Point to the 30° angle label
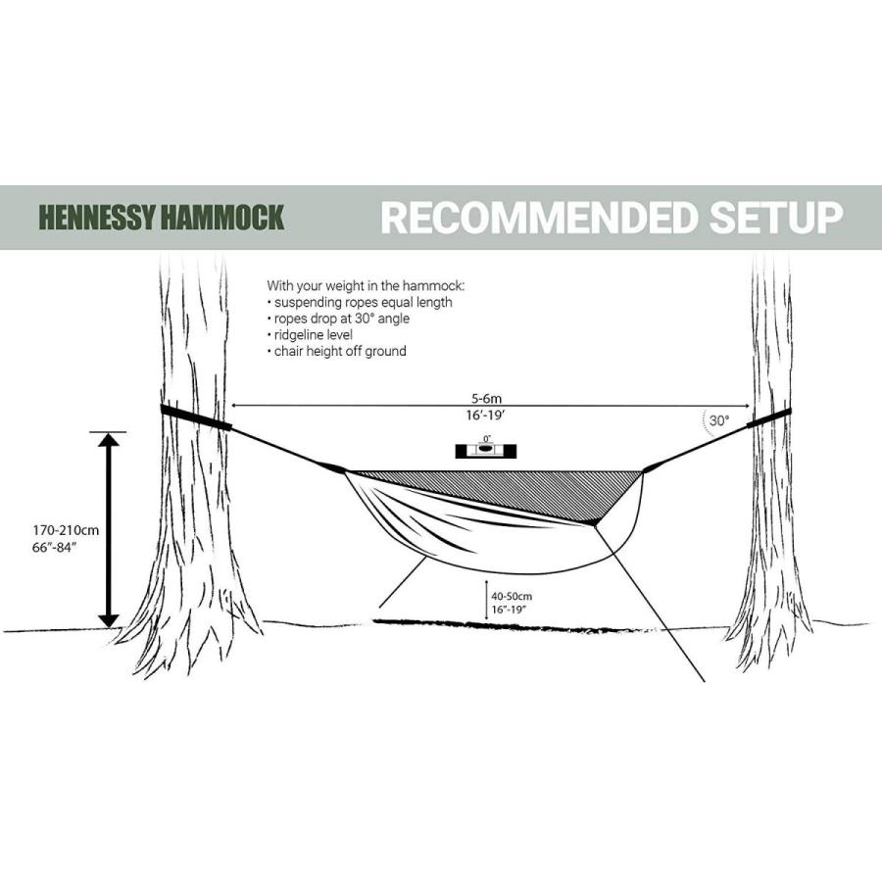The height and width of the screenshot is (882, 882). [x=719, y=420]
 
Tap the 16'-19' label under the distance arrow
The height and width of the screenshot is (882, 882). [x=487, y=416]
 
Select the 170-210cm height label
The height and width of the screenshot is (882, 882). [x=66, y=530]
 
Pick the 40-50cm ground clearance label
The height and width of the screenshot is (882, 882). [x=513, y=595]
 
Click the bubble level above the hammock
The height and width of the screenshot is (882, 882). [x=486, y=450]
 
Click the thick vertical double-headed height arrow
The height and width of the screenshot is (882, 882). [x=109, y=529]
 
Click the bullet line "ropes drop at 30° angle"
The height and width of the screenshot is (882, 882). [x=340, y=318]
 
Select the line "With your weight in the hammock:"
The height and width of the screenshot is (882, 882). [x=366, y=285]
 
